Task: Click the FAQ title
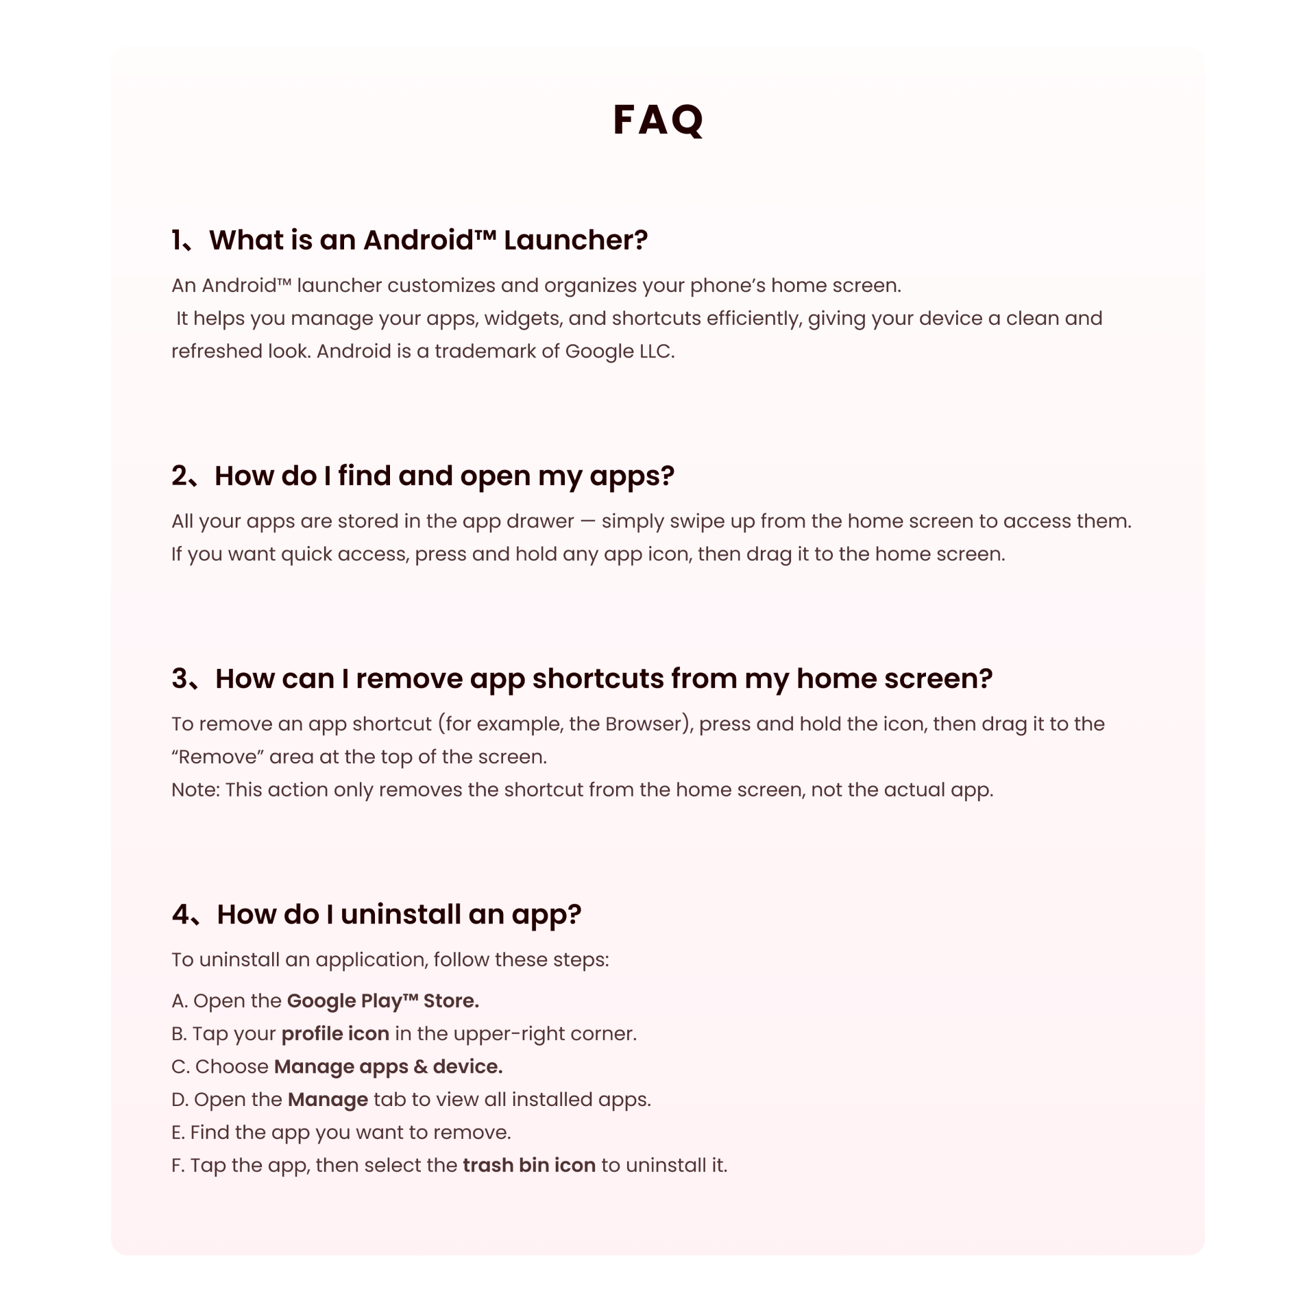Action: coord(657,120)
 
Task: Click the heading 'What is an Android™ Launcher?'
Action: coord(428,240)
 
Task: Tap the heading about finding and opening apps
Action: coord(444,476)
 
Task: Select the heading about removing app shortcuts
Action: coord(603,678)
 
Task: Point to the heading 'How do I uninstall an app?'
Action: coord(399,914)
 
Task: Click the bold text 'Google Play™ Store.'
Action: coord(382,1000)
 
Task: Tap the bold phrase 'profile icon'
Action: coord(335,1033)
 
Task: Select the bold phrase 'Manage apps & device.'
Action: coord(388,1066)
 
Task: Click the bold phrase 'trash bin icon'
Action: coord(529,1165)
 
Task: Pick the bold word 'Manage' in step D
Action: coord(328,1099)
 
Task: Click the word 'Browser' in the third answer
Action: coord(647,724)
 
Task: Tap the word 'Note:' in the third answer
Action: coord(195,789)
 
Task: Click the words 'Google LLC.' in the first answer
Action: coord(620,351)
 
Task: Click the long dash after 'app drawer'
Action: coord(587,521)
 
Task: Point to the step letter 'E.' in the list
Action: coord(178,1132)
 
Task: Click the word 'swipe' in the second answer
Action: coord(696,521)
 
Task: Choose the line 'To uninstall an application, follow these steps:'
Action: coord(390,959)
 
